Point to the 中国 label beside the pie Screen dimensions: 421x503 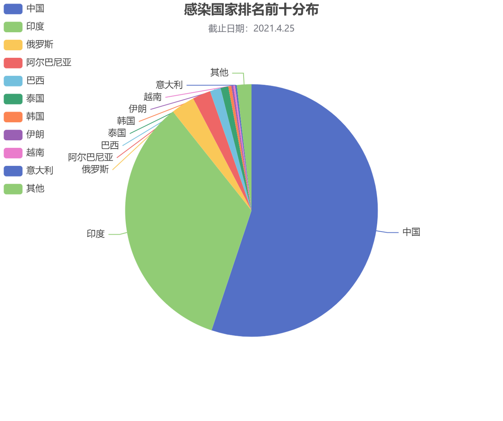click(x=411, y=232)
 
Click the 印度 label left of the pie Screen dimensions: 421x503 click(x=96, y=234)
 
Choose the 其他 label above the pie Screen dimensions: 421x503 click(x=219, y=72)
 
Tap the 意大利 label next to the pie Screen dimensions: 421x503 click(x=169, y=85)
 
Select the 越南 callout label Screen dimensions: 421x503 click(x=152, y=97)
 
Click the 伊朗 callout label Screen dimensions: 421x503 click(x=138, y=108)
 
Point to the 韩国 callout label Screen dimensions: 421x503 click(x=126, y=121)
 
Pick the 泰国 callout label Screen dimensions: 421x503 click(x=117, y=133)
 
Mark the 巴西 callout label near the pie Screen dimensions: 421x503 click(x=110, y=145)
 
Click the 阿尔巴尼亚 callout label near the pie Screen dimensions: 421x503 click(x=91, y=158)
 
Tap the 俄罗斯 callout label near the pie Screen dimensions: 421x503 click(x=95, y=170)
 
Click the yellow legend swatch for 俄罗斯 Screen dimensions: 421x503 click(x=13, y=45)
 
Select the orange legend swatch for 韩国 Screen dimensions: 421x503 click(x=13, y=117)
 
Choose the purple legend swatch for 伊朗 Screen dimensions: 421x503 click(x=13, y=135)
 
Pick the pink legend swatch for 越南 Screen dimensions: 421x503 click(x=13, y=153)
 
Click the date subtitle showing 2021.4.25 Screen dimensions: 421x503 click(x=251, y=28)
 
